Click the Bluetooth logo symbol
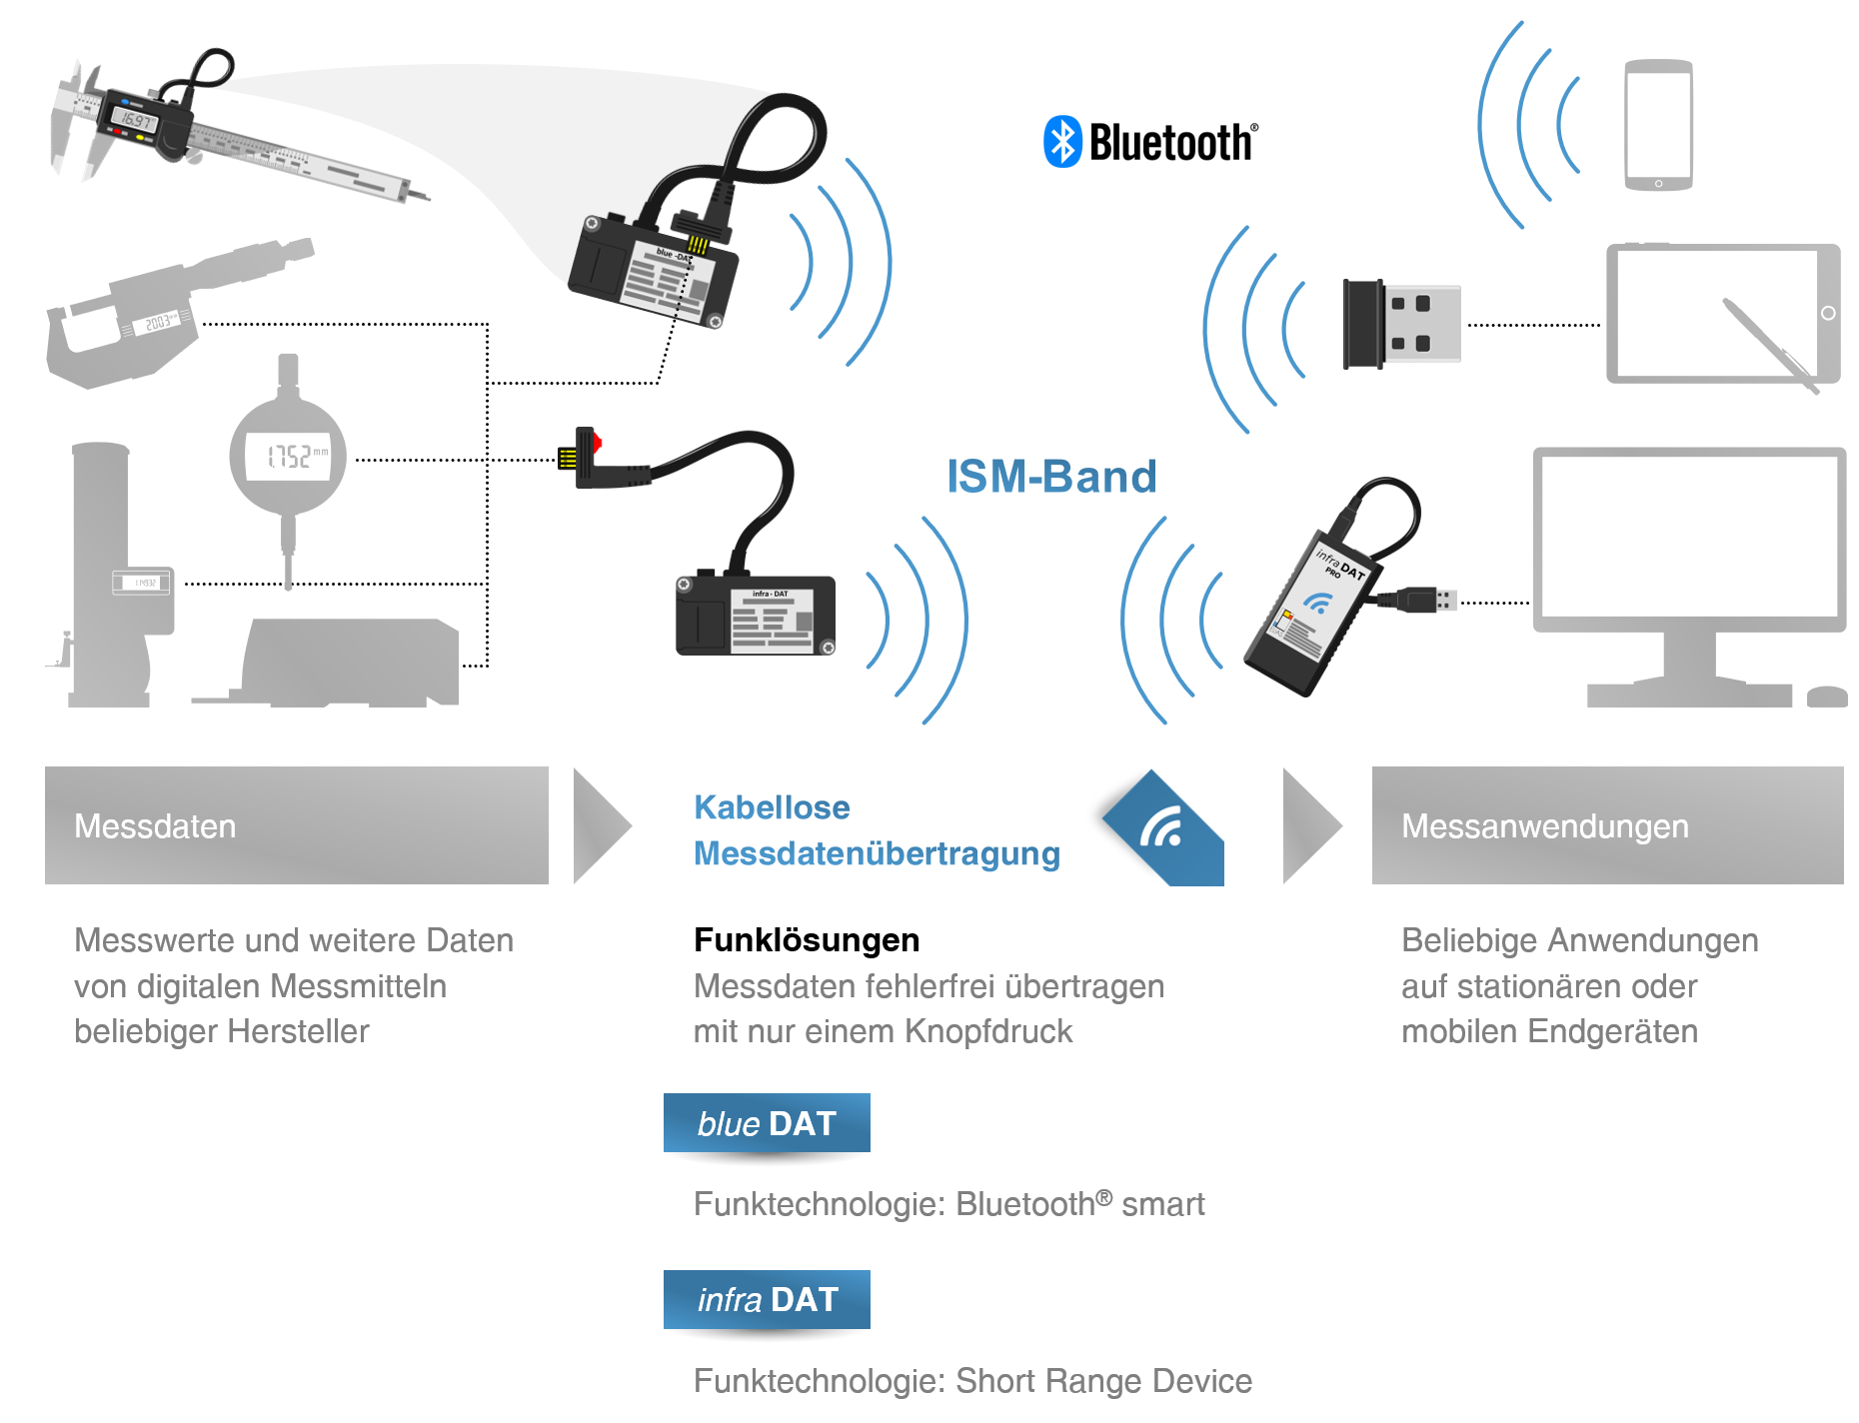click(x=1062, y=142)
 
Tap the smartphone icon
click(x=1658, y=125)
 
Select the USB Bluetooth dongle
click(x=1400, y=324)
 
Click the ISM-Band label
click(x=1051, y=477)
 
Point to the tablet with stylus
click(x=1722, y=314)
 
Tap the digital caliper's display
click(x=136, y=121)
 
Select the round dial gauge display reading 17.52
click(x=289, y=457)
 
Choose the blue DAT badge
click(x=767, y=1123)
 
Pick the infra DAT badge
click(x=767, y=1299)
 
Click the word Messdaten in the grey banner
click(x=155, y=826)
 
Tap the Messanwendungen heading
click(x=1544, y=826)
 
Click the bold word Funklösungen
click(x=807, y=940)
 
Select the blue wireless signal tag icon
click(x=1164, y=828)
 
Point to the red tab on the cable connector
click(x=597, y=441)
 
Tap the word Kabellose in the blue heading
click(x=772, y=807)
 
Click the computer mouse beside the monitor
click(x=1827, y=697)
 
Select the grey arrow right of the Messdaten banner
click(x=600, y=826)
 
